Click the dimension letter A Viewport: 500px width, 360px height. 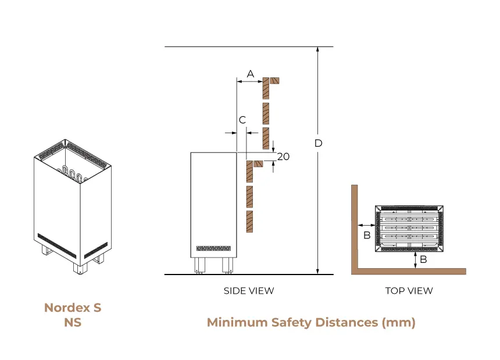tap(251, 74)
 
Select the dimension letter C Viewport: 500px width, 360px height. tap(243, 120)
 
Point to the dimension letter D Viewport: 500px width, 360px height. tap(318, 143)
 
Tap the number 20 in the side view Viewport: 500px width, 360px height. tap(283, 156)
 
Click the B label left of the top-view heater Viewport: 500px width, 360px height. tap(367, 235)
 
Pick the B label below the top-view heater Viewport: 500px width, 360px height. tap(423, 259)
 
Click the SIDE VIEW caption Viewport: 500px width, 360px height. tap(249, 290)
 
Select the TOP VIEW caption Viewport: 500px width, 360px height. tap(409, 290)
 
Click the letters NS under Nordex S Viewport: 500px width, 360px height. tap(73, 322)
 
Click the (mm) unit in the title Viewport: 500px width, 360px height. tap(398, 322)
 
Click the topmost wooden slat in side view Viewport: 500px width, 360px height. tap(266, 87)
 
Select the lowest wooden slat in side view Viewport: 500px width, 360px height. tap(249, 222)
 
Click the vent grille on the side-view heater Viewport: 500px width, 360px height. tap(214, 248)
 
